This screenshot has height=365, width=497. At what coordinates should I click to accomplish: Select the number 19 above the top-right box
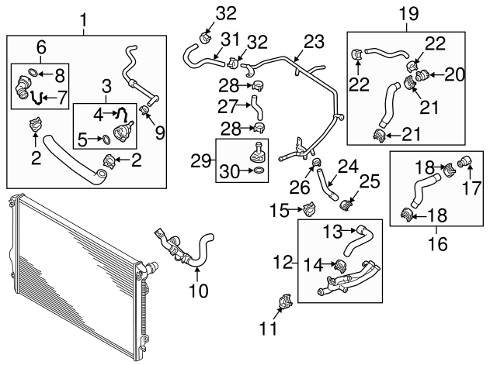pyautogui.click(x=408, y=13)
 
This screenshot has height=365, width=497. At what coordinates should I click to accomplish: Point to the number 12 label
pyautogui.click(x=283, y=263)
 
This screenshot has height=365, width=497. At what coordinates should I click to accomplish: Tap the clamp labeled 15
pyautogui.click(x=309, y=208)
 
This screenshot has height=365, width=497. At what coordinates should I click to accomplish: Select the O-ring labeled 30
pyautogui.click(x=257, y=170)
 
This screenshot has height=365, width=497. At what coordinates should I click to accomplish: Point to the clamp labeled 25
pyautogui.click(x=347, y=205)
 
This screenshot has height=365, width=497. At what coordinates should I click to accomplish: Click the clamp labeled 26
pyautogui.click(x=317, y=163)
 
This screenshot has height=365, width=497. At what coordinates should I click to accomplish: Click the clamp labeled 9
pyautogui.click(x=144, y=112)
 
